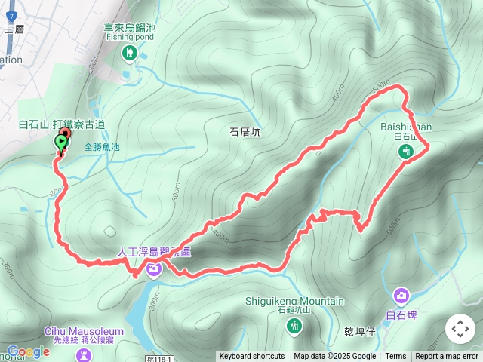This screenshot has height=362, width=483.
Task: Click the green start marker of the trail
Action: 60,143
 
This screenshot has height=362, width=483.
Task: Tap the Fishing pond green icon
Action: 130,52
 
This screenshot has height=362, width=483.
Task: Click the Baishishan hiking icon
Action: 406,152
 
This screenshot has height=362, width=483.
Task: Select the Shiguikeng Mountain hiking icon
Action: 294,325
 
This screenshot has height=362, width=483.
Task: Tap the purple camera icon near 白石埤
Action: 401,295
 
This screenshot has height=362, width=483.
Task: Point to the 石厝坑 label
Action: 245,131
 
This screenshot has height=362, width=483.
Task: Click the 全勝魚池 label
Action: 102,148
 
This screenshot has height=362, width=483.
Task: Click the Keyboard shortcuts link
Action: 252,357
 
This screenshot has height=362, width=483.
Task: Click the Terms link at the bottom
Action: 395,357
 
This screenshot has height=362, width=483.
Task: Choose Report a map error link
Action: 447,357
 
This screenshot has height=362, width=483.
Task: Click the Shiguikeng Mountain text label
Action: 294,301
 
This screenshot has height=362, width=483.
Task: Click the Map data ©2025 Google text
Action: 335,357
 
